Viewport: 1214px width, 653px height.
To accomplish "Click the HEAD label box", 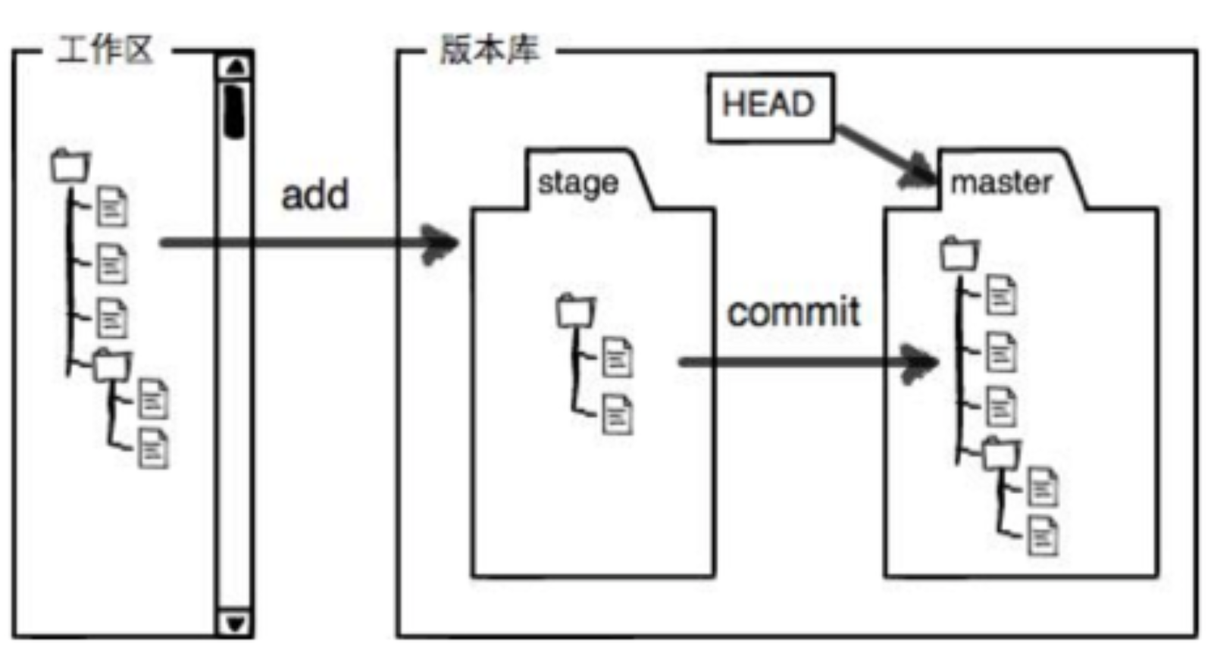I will point(769,107).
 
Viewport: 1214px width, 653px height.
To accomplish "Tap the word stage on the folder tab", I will point(577,183).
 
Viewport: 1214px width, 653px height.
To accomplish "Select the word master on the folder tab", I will point(1000,183).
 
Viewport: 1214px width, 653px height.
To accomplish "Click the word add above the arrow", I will point(314,195).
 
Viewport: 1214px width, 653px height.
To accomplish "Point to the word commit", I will point(793,312).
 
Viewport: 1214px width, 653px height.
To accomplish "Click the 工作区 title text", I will point(105,51).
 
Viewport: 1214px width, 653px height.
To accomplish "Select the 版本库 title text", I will point(490,50).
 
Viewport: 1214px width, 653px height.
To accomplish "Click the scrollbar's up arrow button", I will point(235,67).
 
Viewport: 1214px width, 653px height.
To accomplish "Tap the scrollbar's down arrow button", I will point(235,623).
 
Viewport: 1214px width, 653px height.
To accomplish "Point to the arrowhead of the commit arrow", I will point(921,363).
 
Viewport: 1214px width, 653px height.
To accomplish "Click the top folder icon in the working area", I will point(70,166).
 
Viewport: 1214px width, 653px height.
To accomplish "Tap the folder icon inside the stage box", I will point(575,310).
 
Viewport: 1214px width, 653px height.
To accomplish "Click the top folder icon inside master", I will point(959,254).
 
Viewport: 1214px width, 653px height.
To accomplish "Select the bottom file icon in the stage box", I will point(617,414).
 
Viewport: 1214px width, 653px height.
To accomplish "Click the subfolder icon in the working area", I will point(111,365).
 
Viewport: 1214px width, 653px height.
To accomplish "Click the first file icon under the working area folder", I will point(111,206).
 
